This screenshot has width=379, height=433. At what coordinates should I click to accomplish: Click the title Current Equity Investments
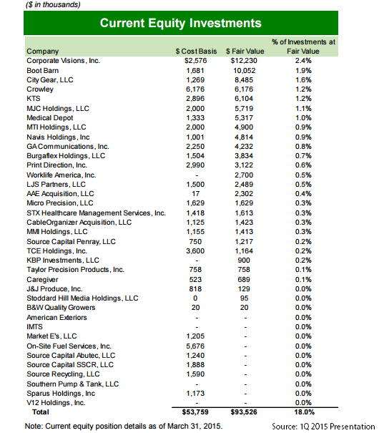[x=181, y=23]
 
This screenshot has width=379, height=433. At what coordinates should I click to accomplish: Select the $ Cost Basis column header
[x=196, y=52]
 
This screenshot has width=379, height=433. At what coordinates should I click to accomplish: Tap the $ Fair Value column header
[x=245, y=52]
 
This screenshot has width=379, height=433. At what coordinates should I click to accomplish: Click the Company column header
[x=43, y=52]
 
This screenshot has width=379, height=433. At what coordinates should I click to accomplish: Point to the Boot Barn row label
[x=42, y=71]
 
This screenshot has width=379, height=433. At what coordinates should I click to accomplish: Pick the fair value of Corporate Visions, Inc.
[x=244, y=61]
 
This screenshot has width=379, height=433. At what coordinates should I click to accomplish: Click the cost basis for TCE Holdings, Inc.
[x=195, y=251]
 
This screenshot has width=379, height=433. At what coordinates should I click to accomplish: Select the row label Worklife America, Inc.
[x=61, y=175]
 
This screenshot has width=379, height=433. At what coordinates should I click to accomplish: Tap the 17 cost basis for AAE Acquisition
[x=195, y=194]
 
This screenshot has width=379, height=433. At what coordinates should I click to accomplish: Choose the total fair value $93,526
[x=244, y=412]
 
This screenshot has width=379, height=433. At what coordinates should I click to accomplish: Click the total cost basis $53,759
[x=195, y=412]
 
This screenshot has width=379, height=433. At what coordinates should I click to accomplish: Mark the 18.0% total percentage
[x=304, y=412]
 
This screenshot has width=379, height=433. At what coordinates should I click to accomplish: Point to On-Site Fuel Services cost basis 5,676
[x=195, y=346]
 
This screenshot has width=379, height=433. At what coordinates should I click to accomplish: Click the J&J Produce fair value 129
[x=244, y=289]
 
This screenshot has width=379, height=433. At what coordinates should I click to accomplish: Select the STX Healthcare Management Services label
[x=97, y=213]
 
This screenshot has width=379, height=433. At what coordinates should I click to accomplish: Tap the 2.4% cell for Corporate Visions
[x=303, y=61]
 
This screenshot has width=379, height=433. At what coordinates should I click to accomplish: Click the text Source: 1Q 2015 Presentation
[x=323, y=427]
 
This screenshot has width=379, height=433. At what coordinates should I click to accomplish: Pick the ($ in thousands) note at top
[x=53, y=5]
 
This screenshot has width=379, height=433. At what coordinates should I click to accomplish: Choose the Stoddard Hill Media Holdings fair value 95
[x=244, y=298]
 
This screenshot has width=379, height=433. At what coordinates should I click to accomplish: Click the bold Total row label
[x=41, y=412]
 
